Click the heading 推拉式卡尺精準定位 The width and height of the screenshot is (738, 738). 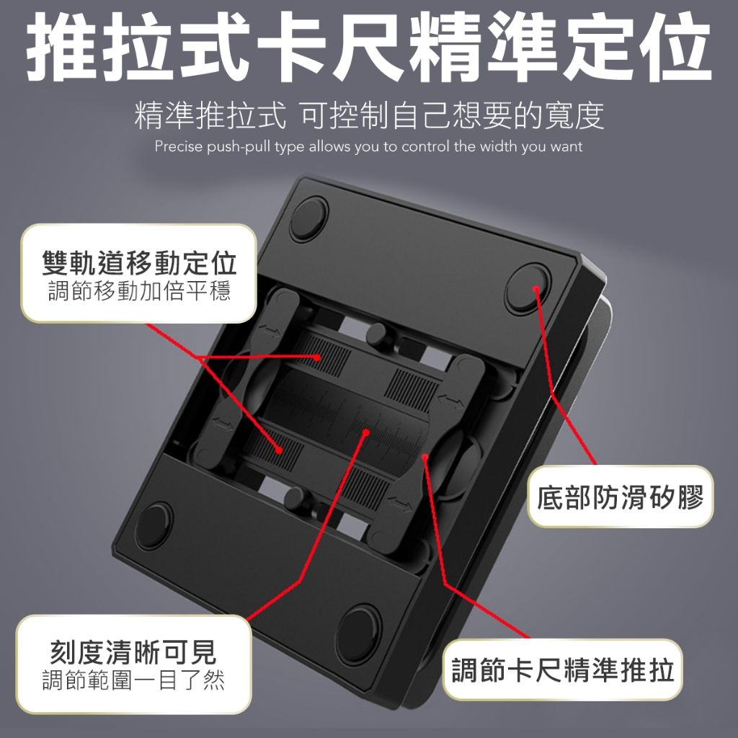[x=368, y=46]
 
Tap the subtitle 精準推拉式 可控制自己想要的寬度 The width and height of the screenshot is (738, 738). [x=369, y=115]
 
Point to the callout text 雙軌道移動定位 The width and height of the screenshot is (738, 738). [x=139, y=262]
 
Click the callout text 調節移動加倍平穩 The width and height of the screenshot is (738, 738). [x=139, y=290]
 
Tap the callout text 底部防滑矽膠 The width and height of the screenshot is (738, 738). [x=621, y=497]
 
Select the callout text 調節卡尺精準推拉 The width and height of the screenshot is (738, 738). [x=562, y=670]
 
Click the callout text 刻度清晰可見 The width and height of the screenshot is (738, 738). [x=133, y=652]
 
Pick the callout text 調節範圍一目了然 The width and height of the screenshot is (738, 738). [x=133, y=680]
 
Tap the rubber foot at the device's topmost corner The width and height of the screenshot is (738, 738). [x=308, y=219]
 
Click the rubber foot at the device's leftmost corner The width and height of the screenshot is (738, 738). [x=154, y=525]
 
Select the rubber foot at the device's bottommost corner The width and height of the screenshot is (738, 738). [x=359, y=635]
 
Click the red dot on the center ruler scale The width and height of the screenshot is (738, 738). [x=365, y=432]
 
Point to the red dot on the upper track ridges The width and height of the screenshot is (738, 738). [x=317, y=357]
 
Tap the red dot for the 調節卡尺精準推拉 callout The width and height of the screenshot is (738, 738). [x=424, y=456]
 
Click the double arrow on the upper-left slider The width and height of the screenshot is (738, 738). [x=270, y=332]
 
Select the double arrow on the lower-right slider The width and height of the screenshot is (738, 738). [x=399, y=504]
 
